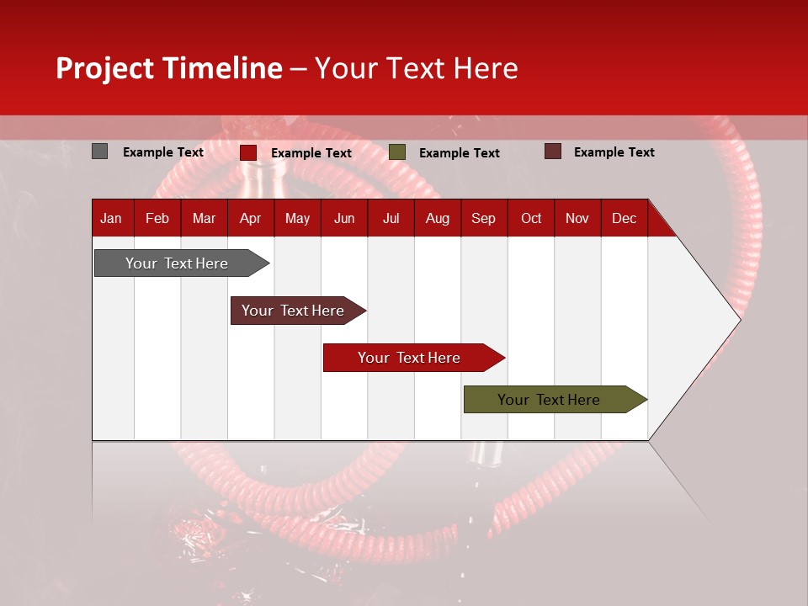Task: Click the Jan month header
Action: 112,219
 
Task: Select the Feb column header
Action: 157,219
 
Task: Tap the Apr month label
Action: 250,219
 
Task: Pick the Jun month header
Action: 344,219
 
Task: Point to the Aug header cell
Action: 438,219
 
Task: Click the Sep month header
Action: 483,219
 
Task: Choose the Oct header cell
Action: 531,219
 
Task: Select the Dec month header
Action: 624,219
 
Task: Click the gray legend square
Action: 99,151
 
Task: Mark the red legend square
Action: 247,152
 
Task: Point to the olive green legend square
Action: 397,152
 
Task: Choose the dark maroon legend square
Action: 552,151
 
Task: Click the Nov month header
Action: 577,219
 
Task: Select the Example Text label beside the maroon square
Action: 614,152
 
